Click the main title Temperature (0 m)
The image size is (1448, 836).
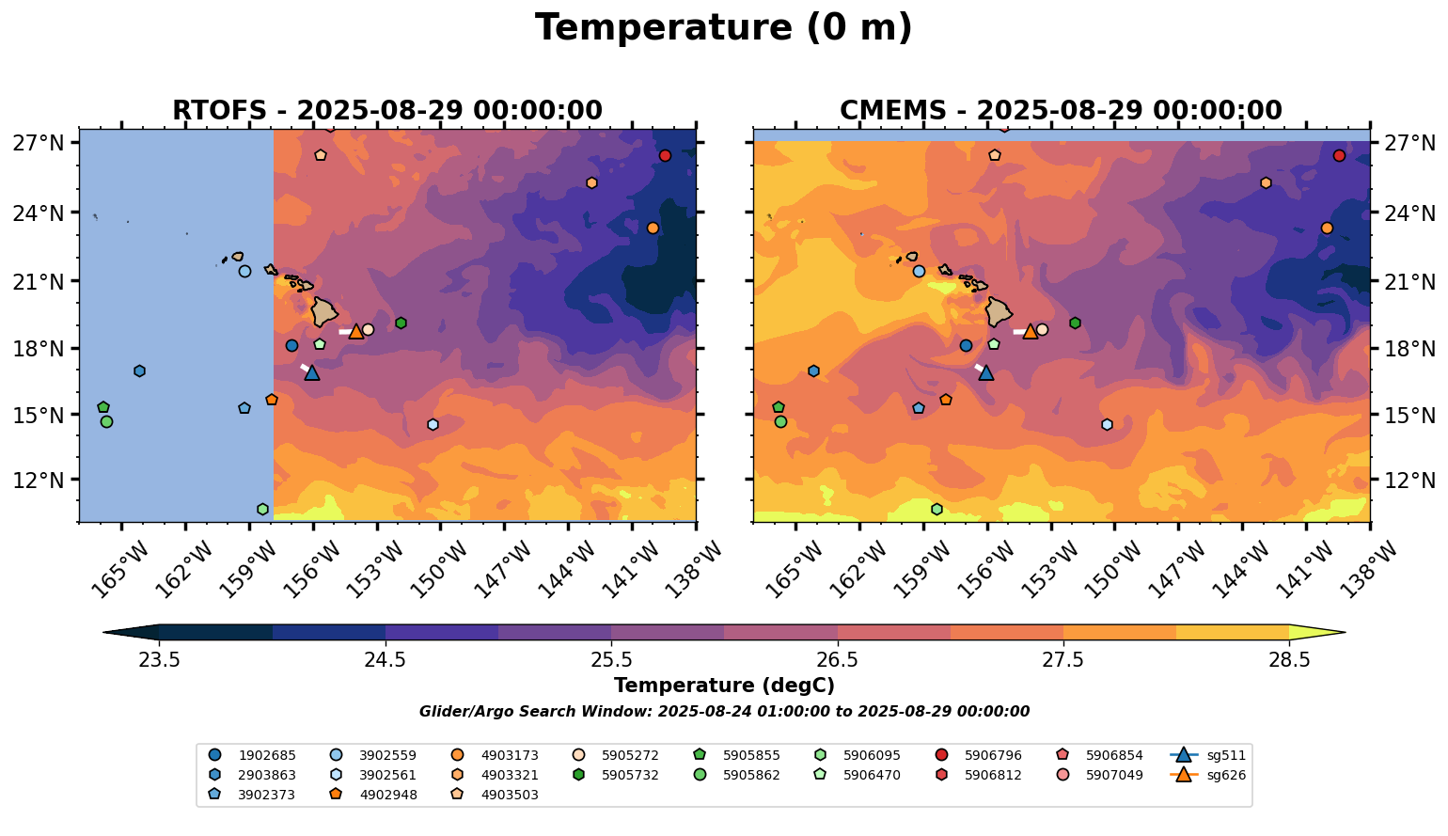pos(723,28)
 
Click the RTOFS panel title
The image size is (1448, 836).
pos(386,111)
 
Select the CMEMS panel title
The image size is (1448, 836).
pos(1061,111)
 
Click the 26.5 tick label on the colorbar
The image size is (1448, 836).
pos(837,659)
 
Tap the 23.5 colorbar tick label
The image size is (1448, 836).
pos(159,659)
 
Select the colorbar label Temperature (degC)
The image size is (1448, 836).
pos(723,686)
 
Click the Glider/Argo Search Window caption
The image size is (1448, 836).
pos(723,712)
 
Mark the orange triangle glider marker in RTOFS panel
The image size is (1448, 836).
pos(356,331)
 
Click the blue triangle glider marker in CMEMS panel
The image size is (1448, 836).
pos(985,372)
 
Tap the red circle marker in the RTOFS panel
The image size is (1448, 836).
pos(665,155)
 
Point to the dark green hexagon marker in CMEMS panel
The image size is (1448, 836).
pos(1075,323)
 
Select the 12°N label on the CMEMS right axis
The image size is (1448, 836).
pos(1407,480)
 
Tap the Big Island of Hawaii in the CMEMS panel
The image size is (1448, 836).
pos(999,310)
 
